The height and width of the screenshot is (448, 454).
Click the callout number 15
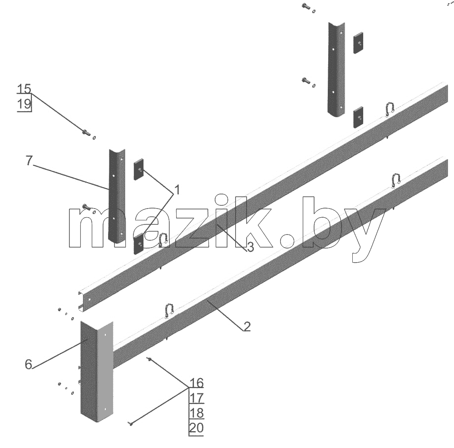24,89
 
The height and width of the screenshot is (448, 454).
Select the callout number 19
24,104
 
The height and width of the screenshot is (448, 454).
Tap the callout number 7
29,160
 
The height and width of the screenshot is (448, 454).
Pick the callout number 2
247,327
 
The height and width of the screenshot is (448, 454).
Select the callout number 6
28,364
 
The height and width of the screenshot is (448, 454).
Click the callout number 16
197,383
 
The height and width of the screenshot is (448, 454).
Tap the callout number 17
197,398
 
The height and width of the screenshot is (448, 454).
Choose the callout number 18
197,413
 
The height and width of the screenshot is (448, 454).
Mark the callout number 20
196,428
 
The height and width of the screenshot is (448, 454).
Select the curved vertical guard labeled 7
117,195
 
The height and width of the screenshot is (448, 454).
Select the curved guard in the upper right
336,70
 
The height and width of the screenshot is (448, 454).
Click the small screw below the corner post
132,424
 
